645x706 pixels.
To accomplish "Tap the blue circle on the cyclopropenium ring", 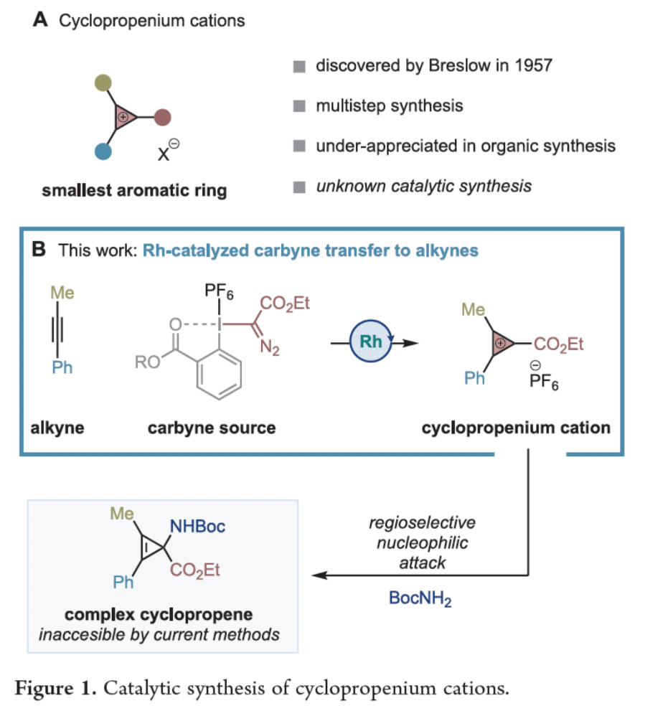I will [x=102, y=150].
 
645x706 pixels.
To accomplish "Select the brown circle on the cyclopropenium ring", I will [x=163, y=116].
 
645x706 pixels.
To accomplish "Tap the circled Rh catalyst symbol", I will [x=371, y=342].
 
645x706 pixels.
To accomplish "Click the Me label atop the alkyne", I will [x=62, y=293].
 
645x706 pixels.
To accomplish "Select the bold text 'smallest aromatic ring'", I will [x=134, y=190].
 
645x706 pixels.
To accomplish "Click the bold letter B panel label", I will [x=41, y=250].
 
